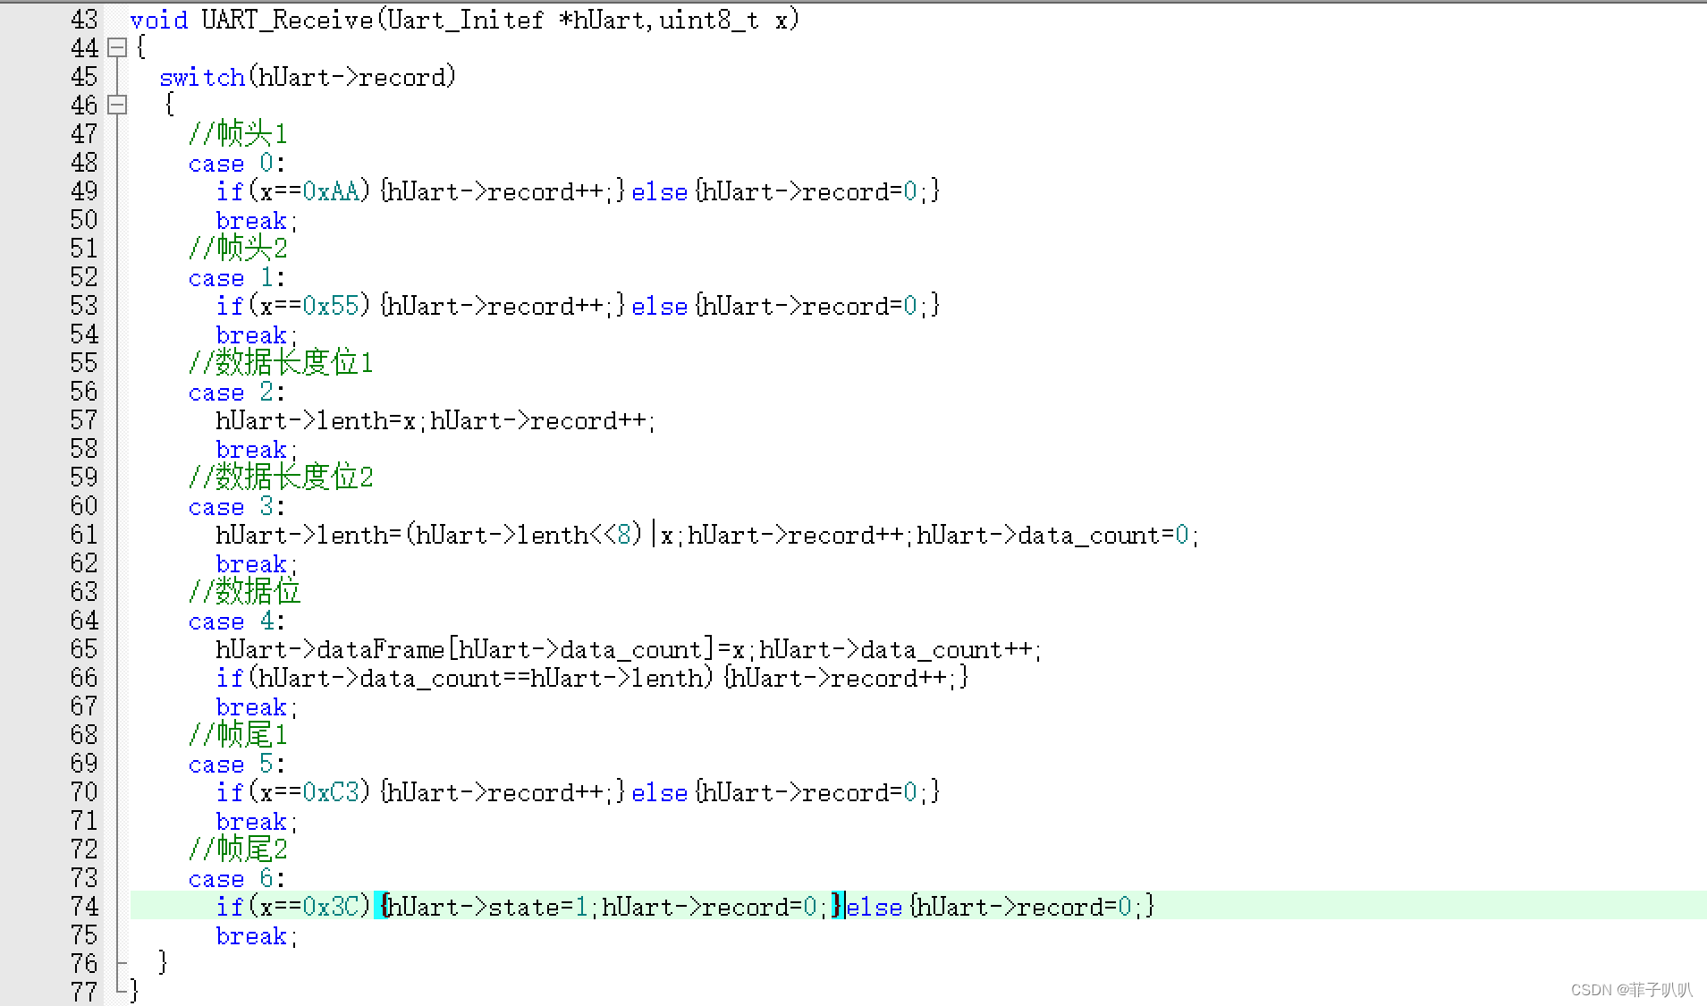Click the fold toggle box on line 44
pyautogui.click(x=117, y=47)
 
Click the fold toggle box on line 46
pyautogui.click(x=117, y=105)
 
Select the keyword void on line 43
pyautogui.click(x=159, y=20)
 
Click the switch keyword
pyautogui.click(x=202, y=77)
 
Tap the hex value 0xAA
pyautogui.click(x=330, y=191)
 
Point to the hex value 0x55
pyautogui.click(x=330, y=306)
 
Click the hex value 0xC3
pyautogui.click(x=330, y=792)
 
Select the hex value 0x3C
pyautogui.click(x=330, y=907)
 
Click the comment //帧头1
pyautogui.click(x=238, y=134)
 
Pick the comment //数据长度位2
pyautogui.click(x=281, y=478)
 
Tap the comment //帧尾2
pyautogui.click(x=238, y=850)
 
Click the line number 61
pyautogui.click(x=84, y=535)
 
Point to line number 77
pyautogui.click(x=84, y=992)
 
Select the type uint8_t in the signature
pyautogui.click(x=709, y=20)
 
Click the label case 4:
pyautogui.click(x=236, y=621)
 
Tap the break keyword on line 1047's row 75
pyautogui.click(x=251, y=936)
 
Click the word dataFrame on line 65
pyautogui.click(x=380, y=649)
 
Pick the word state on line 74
pyautogui.click(x=523, y=907)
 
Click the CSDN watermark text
pyautogui.click(x=1631, y=990)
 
